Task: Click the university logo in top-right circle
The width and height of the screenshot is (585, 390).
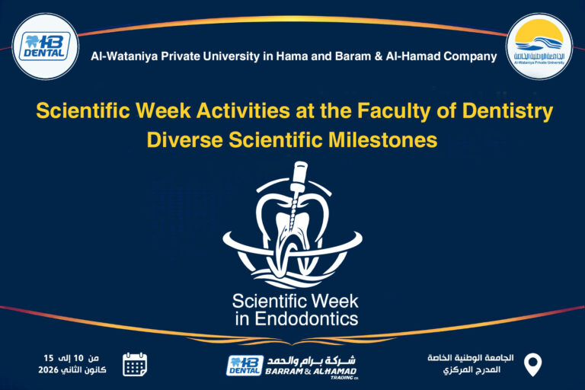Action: click(x=539, y=46)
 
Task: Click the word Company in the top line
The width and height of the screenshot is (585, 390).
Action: click(x=470, y=56)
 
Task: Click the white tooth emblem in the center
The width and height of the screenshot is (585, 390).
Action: click(x=292, y=229)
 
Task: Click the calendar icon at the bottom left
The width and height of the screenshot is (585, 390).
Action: click(x=135, y=364)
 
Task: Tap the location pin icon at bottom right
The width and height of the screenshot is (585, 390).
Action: click(x=534, y=365)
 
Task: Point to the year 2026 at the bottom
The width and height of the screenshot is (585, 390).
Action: click(x=49, y=370)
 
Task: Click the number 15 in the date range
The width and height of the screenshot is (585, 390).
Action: click(x=48, y=358)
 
